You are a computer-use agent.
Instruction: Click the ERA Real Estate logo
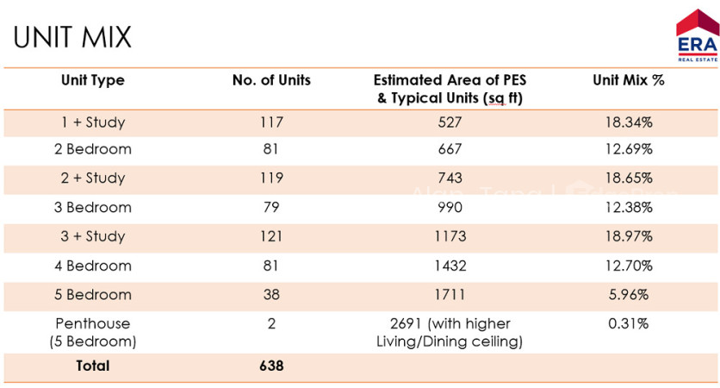click(697, 36)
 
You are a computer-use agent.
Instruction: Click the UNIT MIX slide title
click(72, 37)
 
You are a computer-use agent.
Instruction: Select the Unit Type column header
click(93, 80)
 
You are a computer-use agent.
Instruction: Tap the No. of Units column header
click(271, 80)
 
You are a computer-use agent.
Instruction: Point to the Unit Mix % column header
click(629, 80)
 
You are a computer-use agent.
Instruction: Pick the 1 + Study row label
click(93, 122)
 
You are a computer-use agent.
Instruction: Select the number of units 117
click(271, 122)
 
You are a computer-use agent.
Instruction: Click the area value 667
click(450, 149)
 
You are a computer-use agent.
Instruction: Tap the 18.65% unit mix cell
click(629, 178)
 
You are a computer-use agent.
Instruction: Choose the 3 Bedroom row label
click(93, 207)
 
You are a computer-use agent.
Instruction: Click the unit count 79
click(271, 207)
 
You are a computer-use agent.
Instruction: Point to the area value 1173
click(450, 236)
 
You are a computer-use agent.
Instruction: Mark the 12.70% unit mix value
click(629, 266)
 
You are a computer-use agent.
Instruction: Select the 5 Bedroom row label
click(93, 295)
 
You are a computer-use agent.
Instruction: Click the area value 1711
click(450, 295)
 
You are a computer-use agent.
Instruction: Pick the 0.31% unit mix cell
click(629, 323)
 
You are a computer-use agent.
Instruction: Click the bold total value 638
click(271, 366)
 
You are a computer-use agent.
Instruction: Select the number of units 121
click(271, 236)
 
